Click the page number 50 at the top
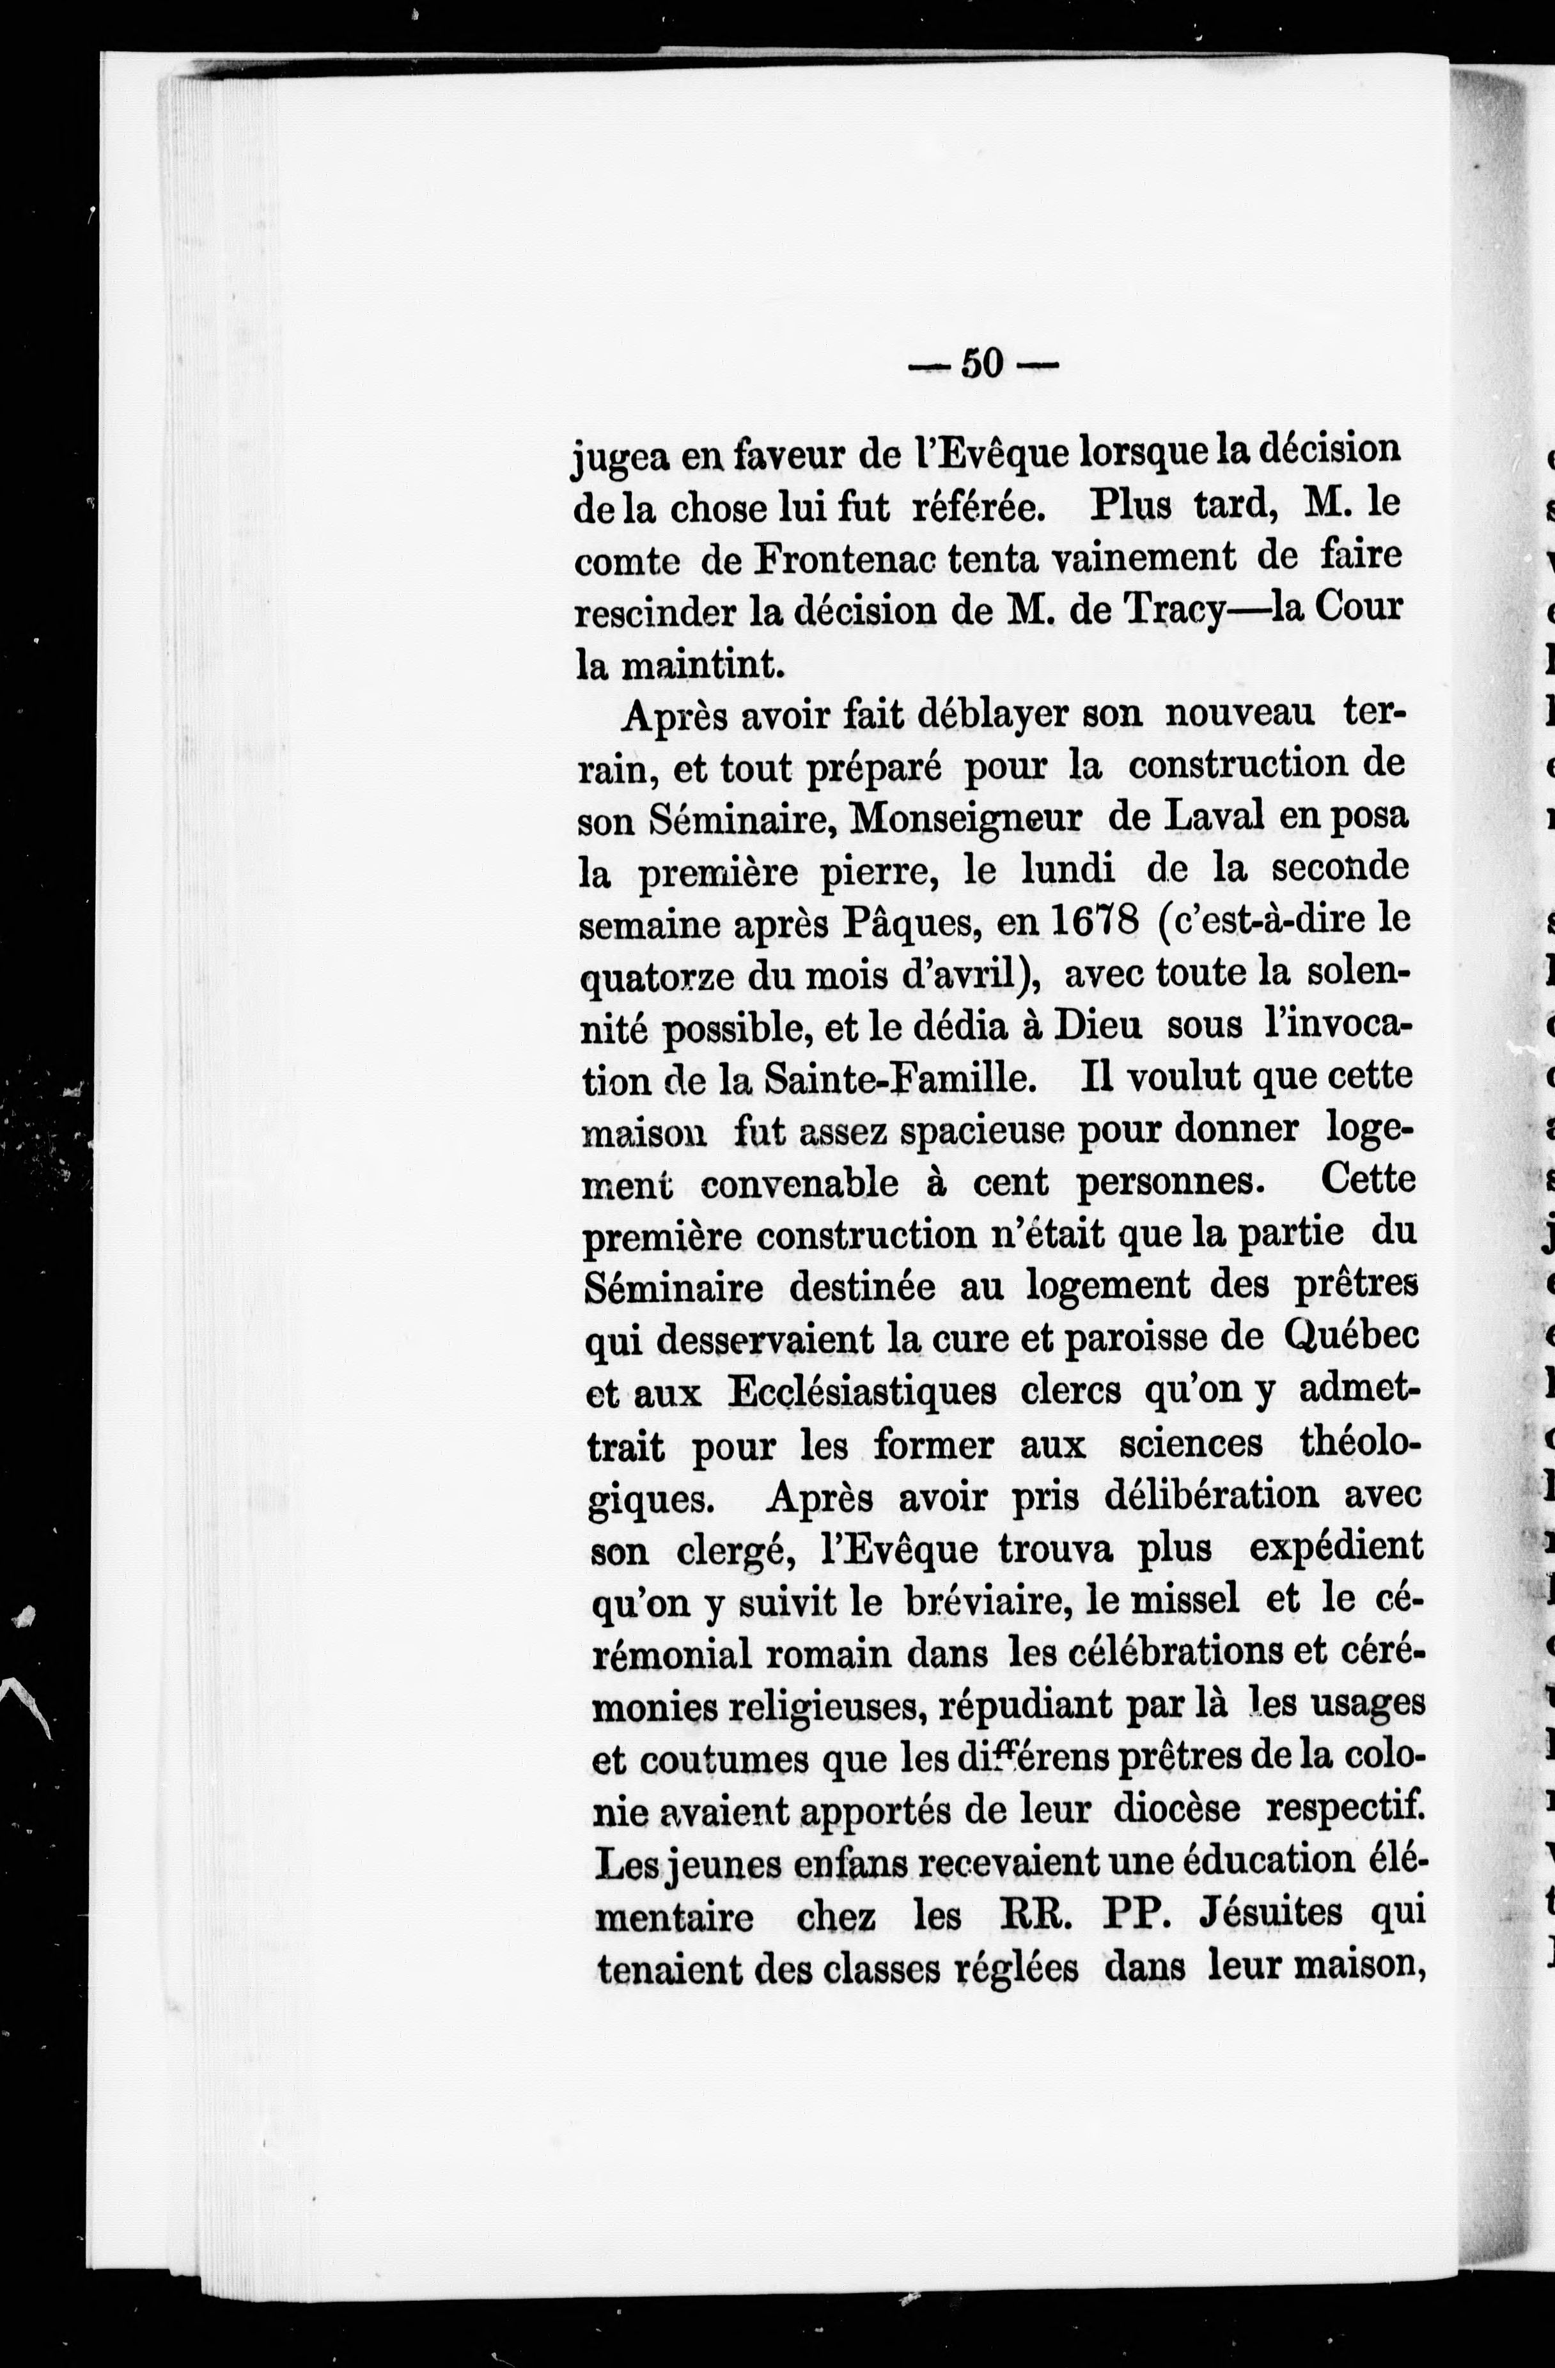pyautogui.click(x=982, y=364)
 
